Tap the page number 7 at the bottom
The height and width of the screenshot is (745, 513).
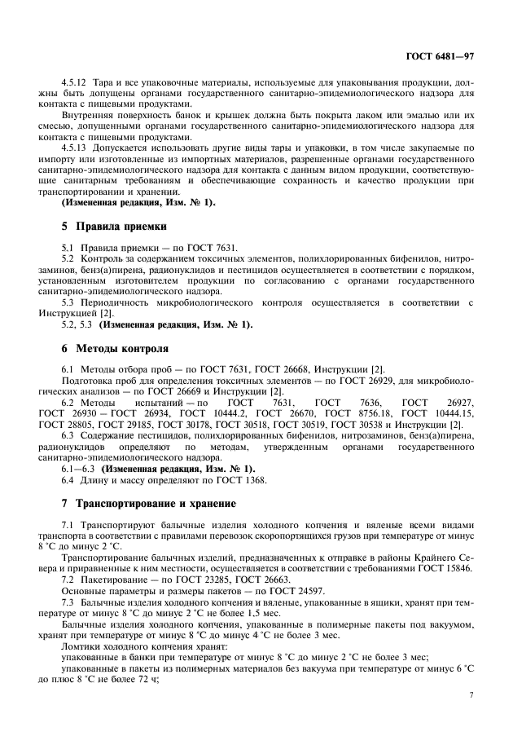click(471, 694)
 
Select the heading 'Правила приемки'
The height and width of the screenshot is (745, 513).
click(121, 226)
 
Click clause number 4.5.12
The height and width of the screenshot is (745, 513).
click(76, 83)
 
